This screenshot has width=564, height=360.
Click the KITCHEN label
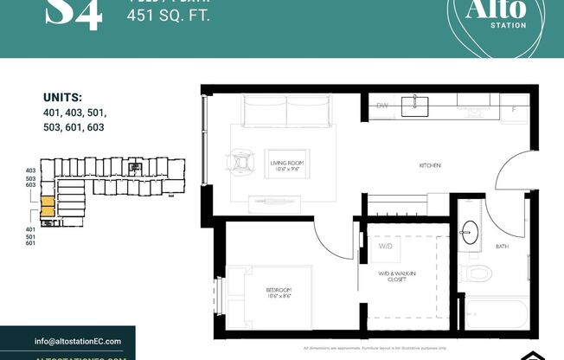[431, 164]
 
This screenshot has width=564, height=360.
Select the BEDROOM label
[279, 292]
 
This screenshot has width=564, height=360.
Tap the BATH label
[502, 247]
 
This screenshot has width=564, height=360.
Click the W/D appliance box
[384, 246]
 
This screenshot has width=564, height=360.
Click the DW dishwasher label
[381, 106]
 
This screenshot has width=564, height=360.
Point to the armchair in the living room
[239, 161]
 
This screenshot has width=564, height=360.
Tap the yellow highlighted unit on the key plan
[48, 208]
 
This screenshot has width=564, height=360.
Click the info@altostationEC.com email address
[84, 340]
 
